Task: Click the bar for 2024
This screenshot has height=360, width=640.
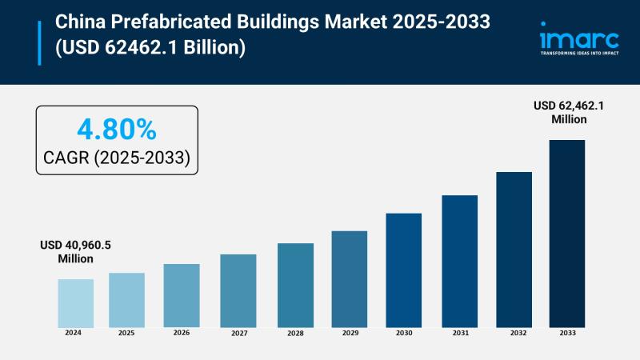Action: tap(75, 302)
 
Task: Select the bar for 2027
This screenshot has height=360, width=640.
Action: tap(238, 290)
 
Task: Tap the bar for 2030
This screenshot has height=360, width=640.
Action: tap(403, 270)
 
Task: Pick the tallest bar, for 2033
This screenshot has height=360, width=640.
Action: tap(567, 233)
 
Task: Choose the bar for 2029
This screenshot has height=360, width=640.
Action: tap(350, 278)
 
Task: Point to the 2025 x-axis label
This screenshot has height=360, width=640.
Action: tap(126, 332)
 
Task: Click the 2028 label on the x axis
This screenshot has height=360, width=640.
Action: tap(295, 332)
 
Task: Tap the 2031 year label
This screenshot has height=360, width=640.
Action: tap(459, 332)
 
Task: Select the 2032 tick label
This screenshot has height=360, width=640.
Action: tap(514, 332)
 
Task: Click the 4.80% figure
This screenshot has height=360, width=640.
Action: tap(116, 129)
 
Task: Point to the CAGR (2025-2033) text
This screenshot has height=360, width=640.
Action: tap(116, 158)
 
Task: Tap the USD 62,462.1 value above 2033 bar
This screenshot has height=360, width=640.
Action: tap(569, 112)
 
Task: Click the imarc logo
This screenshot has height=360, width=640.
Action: tap(579, 37)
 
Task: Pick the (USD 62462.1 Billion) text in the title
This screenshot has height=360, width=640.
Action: tap(149, 48)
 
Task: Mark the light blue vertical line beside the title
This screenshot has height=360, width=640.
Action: tap(38, 42)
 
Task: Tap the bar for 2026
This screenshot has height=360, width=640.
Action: tap(182, 295)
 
